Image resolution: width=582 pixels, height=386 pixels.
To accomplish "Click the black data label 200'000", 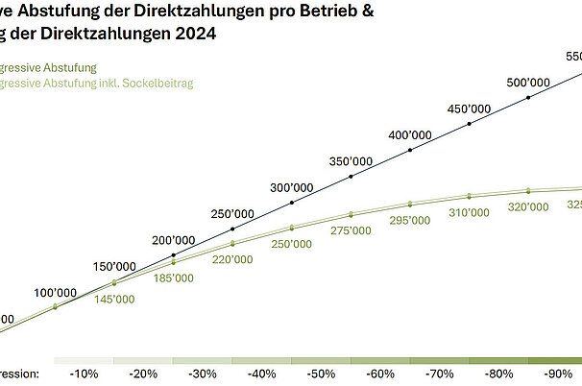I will (173, 240).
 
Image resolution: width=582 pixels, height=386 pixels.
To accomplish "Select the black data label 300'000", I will (291, 187).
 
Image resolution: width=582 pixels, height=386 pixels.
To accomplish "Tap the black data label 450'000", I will (470, 109).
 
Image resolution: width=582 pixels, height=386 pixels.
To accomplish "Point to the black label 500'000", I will (527, 83).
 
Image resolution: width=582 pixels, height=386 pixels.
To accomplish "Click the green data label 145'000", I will (114, 300).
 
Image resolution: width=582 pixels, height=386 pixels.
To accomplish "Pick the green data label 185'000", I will (173, 278).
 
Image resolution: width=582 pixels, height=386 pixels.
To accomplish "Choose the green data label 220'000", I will (232, 259).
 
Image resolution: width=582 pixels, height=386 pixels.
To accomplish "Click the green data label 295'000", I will (410, 221).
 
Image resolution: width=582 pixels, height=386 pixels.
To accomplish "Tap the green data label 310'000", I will (470, 212).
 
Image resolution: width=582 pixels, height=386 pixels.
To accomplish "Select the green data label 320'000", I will (528, 206).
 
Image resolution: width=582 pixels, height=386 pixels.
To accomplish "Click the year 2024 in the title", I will (192, 34).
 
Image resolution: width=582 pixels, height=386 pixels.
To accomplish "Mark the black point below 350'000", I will (352, 177).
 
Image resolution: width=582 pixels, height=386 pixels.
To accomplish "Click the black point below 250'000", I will (232, 229).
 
